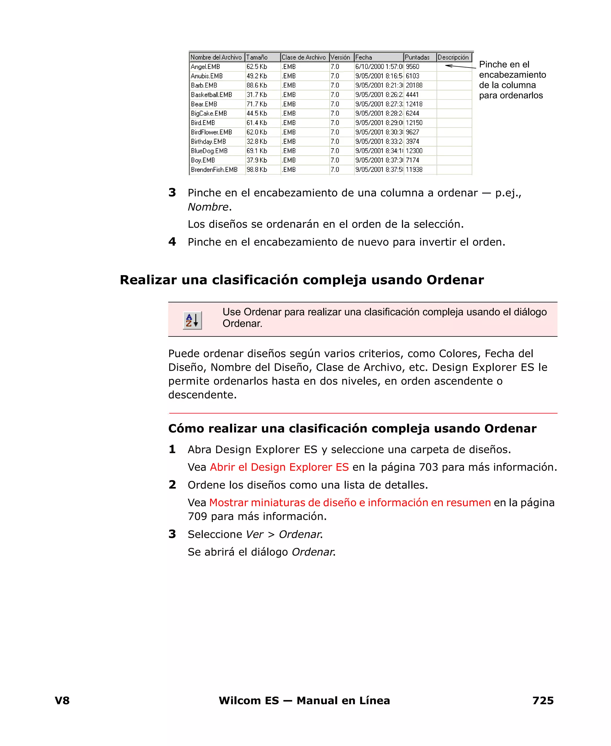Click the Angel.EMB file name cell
click(206, 67)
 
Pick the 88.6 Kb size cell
click(257, 85)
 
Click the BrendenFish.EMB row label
click(214, 169)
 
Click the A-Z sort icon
click(192, 320)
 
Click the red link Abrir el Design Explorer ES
click(279, 467)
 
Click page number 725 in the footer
click(543, 701)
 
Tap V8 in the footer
click(62, 701)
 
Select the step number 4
click(172, 242)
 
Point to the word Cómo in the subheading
click(186, 428)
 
